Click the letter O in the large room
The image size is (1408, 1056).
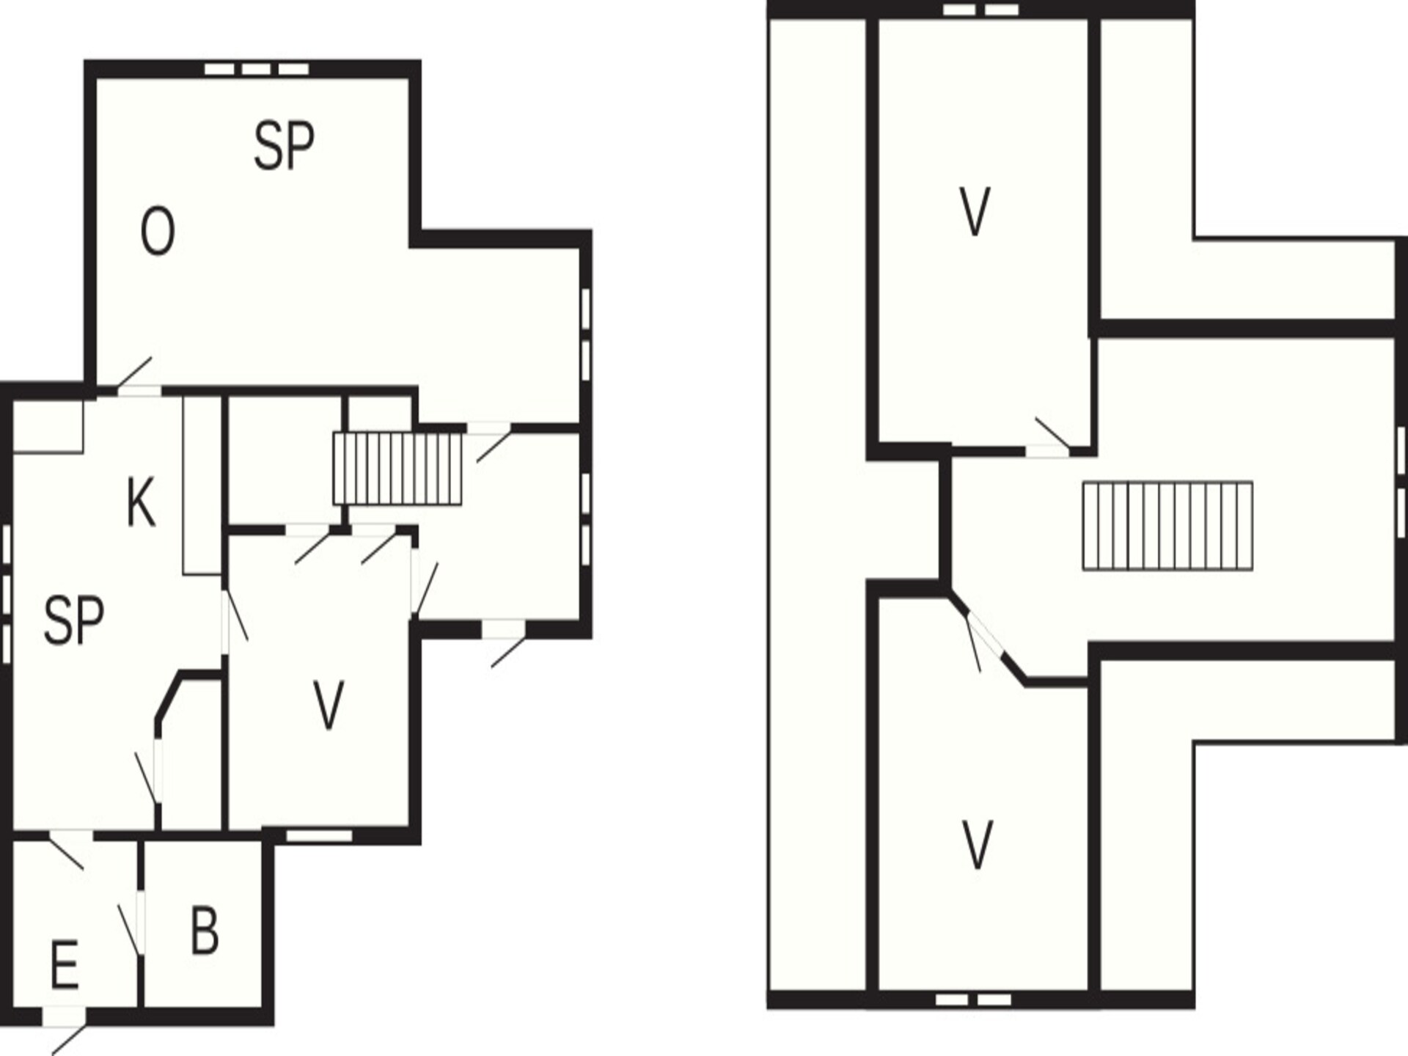click(x=158, y=231)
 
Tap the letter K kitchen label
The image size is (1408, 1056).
click(x=142, y=502)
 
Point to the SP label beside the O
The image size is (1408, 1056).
click(x=284, y=146)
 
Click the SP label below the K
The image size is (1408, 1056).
click(x=73, y=620)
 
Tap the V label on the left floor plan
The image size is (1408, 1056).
click(x=328, y=705)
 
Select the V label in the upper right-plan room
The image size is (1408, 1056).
click(x=975, y=212)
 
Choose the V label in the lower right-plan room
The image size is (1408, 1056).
click(x=977, y=845)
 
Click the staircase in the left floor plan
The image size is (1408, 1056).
click(x=397, y=468)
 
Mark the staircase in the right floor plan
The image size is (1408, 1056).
click(x=1167, y=525)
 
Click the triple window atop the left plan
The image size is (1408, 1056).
click(x=256, y=69)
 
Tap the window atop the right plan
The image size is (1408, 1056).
click(x=980, y=10)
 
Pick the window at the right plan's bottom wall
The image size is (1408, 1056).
click(x=973, y=1000)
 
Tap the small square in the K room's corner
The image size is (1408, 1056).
click(x=48, y=426)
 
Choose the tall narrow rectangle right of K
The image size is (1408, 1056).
click(x=202, y=485)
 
